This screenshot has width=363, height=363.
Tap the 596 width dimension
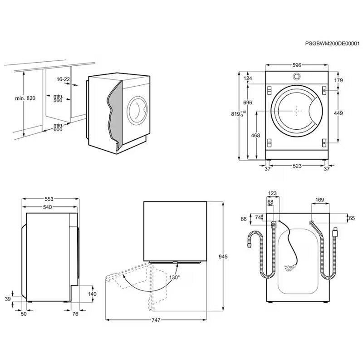(296, 65)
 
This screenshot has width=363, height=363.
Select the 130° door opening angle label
(174, 277)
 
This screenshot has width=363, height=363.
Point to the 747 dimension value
(156, 320)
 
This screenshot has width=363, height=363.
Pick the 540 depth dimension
(48, 207)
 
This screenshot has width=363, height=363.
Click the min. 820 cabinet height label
(25, 98)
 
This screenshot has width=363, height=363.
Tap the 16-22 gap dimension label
(63, 79)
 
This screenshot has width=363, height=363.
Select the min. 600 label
(59, 127)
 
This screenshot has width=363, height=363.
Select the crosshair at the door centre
(296, 110)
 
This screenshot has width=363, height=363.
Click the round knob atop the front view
(296, 76)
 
